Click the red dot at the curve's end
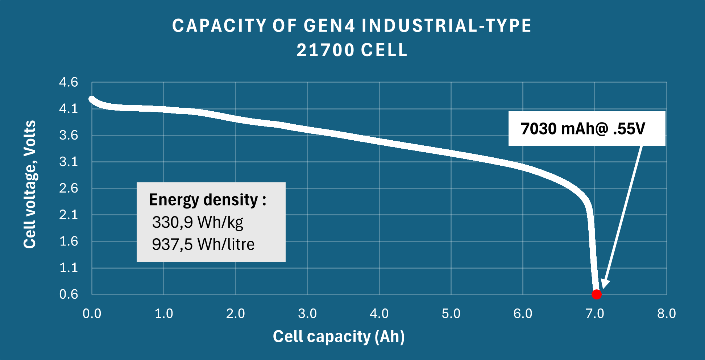tap(597, 294)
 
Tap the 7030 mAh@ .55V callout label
tap(583, 129)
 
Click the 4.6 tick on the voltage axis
tap(69, 82)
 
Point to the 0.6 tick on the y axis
tap(69, 294)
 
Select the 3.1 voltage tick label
tap(69, 162)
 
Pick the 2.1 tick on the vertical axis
tap(69, 215)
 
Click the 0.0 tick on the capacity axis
tap(92, 314)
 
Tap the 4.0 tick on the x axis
tap(379, 314)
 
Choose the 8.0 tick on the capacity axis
tap(666, 314)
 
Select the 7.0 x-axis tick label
tap(594, 314)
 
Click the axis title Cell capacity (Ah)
tap(339, 336)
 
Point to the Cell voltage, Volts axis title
tap(30, 184)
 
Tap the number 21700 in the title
tap(325, 50)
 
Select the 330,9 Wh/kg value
tap(198, 222)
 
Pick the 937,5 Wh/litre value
tap(203, 244)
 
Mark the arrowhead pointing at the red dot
tap(605, 285)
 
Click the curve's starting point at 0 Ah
tap(92, 99)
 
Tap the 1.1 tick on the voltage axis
tap(69, 268)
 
